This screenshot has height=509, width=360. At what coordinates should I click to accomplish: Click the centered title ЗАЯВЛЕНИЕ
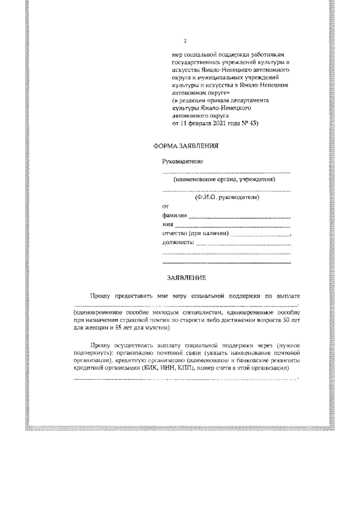pyautogui.click(x=187, y=278)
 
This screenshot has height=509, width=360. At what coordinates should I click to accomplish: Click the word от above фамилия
pyautogui.click(x=165, y=207)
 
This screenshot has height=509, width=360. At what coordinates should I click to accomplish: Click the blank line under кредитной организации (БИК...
pyautogui.click(x=186, y=380)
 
